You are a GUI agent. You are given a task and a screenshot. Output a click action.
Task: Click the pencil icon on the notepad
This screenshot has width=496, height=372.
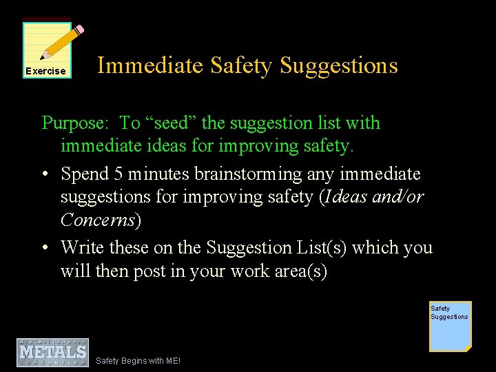pos(61,43)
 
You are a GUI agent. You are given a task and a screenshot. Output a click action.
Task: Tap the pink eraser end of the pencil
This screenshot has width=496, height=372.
pos(79,30)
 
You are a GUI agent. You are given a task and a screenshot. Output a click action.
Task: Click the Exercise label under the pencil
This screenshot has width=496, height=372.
pos(45,71)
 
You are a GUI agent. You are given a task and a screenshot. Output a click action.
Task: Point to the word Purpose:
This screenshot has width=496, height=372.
pos(76,123)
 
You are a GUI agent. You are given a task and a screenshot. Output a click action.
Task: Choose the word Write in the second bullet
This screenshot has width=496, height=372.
pos(82,247)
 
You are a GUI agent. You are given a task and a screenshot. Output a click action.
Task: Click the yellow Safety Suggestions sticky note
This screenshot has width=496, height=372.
pos(450,326)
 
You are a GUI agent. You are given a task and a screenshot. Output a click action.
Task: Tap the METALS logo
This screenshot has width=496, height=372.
pos(52,352)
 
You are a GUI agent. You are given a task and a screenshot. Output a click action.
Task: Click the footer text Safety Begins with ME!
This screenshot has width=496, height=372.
pos(138,360)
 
